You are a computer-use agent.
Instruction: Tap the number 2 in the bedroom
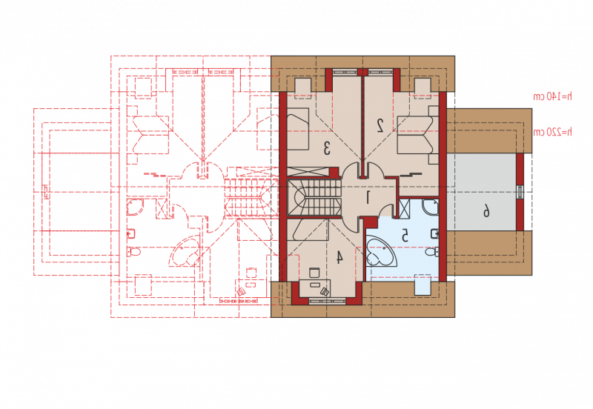(380, 125)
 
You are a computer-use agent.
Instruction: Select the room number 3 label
(327, 148)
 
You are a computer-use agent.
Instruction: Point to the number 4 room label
(339, 257)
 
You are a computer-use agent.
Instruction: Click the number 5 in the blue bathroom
(405, 235)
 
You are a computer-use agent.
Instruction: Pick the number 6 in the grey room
(486, 211)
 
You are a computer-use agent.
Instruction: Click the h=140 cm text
(552, 96)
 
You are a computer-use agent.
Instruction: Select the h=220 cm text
(552, 132)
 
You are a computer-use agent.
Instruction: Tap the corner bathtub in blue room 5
(381, 251)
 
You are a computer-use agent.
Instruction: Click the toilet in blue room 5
(431, 251)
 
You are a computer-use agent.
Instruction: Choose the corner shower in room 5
(431, 207)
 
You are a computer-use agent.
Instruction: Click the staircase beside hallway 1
(314, 198)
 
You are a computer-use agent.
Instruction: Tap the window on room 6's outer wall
(520, 192)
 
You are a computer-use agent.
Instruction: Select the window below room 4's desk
(328, 301)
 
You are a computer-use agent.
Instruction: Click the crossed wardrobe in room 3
(308, 172)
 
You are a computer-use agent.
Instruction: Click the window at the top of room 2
(380, 71)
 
